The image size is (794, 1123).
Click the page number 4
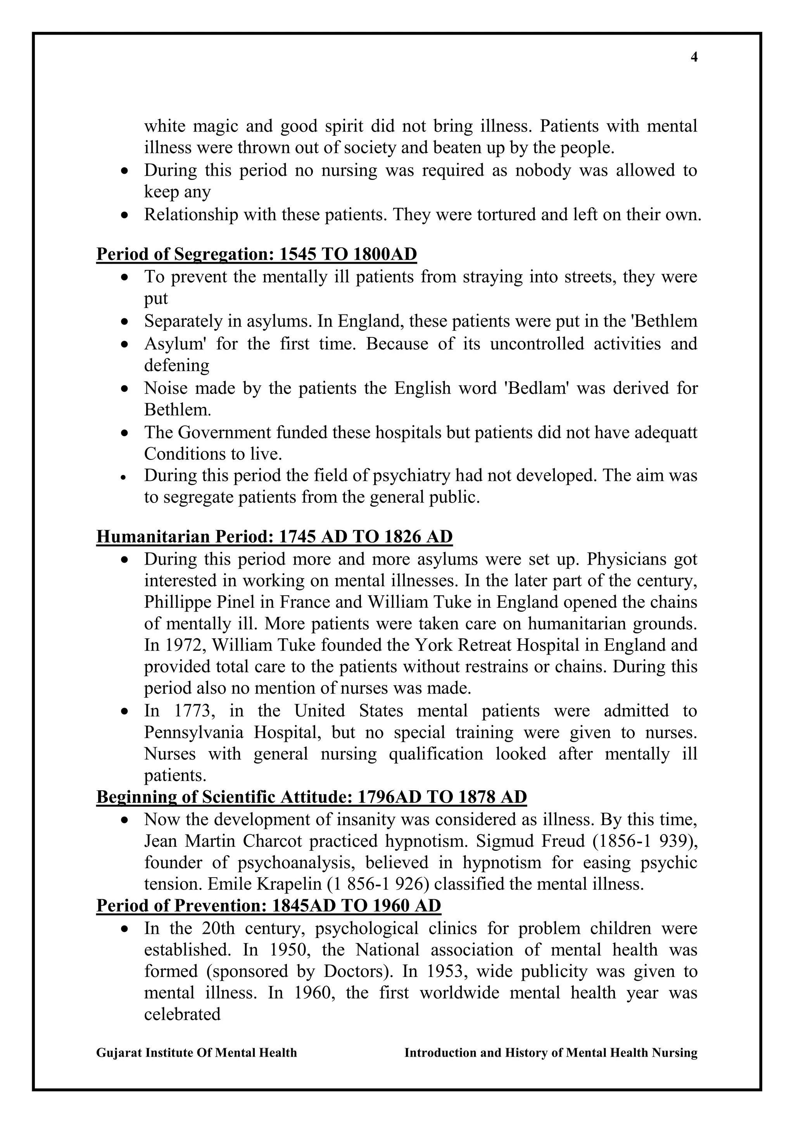coord(694,58)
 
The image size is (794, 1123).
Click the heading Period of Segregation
coord(256,254)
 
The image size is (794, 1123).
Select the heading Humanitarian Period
coord(274,537)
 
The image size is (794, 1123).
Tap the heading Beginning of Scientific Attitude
coord(311,797)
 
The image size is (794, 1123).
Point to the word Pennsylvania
coord(193,732)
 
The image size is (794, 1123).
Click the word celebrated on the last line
coord(182,1014)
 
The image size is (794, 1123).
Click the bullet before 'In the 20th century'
coord(126,929)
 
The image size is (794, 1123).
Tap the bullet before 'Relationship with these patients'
coord(126,215)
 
